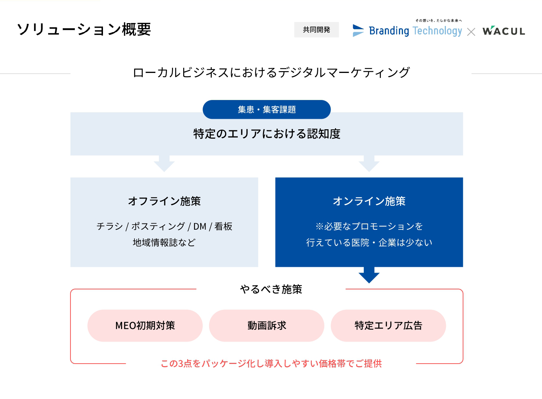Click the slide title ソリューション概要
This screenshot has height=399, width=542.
click(84, 30)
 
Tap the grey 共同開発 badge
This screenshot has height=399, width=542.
click(317, 30)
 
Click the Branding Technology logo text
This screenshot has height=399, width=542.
click(416, 31)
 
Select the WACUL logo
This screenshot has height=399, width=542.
click(504, 31)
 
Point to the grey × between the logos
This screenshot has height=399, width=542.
click(471, 32)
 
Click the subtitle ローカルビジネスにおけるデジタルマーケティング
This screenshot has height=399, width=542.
click(271, 73)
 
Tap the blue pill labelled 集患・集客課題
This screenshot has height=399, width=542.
click(267, 109)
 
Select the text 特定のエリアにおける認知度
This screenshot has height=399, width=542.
click(267, 134)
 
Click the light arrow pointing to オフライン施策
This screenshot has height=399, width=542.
click(164, 164)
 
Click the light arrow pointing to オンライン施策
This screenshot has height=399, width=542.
click(369, 164)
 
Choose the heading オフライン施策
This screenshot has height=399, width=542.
click(164, 201)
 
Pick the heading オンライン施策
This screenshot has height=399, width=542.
click(369, 201)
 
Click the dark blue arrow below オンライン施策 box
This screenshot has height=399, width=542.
click(369, 275)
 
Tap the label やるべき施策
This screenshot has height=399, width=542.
click(271, 289)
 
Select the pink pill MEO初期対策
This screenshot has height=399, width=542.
click(145, 325)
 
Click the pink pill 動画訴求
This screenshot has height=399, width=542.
click(267, 325)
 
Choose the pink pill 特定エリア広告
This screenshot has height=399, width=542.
click(388, 325)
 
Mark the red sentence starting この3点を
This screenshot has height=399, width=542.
click(271, 364)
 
